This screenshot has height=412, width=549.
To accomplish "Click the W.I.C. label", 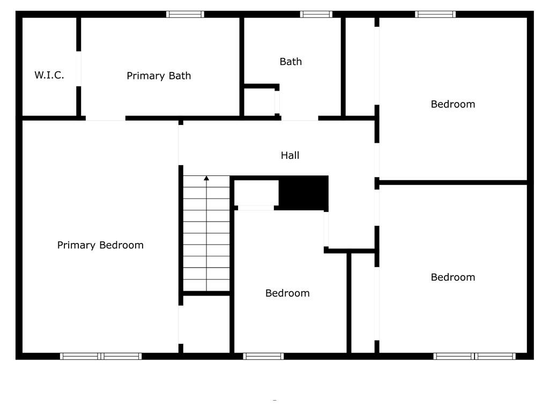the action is tap(49, 75).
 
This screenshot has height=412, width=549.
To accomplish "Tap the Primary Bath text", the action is tap(159, 76).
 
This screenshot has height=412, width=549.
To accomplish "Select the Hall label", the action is tap(290, 155).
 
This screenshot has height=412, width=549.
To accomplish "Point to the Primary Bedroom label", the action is tap(100, 245).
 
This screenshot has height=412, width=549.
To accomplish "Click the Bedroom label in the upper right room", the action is tap(452, 104).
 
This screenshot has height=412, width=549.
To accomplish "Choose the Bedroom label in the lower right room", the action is tap(452, 277).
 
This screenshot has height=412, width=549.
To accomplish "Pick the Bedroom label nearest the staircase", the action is tap(287, 293).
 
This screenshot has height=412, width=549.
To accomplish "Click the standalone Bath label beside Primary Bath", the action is tap(291, 62).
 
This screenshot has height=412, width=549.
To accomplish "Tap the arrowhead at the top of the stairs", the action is tap(206, 178).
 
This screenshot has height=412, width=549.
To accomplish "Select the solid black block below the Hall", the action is tap(303, 193).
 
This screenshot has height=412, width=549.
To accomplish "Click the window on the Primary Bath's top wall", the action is tap(185, 14).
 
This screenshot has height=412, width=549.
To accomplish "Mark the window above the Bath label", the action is tap(316, 14).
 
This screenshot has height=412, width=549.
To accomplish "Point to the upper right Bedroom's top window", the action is tap(435, 14).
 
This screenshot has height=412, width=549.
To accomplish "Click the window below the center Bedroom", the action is tap(263, 356).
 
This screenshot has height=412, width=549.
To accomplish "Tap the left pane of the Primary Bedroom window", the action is tap(80, 356).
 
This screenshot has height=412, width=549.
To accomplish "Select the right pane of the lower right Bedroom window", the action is tap(495, 356).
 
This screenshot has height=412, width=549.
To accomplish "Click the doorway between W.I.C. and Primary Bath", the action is tap(78, 69).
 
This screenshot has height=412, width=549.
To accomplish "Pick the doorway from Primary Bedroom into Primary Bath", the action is tap(106, 118).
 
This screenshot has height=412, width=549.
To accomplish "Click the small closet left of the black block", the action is tap(256, 193).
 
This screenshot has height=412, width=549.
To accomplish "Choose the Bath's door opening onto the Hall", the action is tap(300, 118).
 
